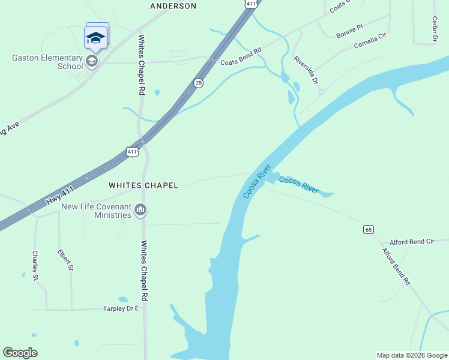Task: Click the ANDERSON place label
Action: (173, 6)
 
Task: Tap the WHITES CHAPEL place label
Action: (143, 186)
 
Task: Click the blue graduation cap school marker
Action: (95, 37)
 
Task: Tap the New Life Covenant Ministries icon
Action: (141, 209)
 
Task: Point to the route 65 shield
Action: (368, 229)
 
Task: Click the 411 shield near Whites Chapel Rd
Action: (133, 152)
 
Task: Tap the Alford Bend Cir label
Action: (412, 242)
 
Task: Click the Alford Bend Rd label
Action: (396, 267)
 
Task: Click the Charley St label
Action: (35, 266)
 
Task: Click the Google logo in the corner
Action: (20, 353)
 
